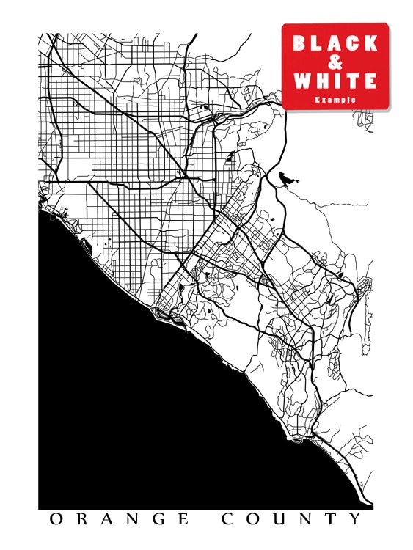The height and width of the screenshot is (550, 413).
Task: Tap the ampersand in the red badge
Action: coord(335,62)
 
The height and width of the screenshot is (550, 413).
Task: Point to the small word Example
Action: coord(335,99)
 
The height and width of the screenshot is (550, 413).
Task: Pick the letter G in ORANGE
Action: coord(161,520)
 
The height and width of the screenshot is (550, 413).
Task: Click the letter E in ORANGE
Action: coord(187,520)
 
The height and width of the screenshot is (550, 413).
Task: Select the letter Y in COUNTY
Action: coord(356,520)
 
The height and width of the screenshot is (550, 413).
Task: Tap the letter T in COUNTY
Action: coord(332,520)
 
